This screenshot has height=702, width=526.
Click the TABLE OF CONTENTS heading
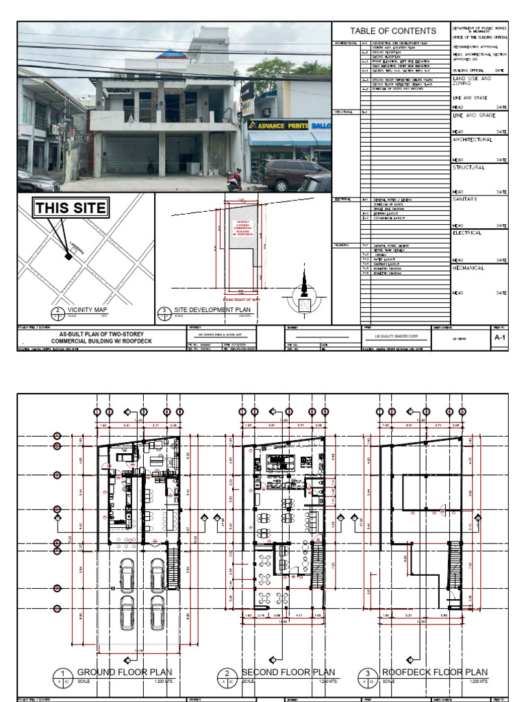(x=392, y=31)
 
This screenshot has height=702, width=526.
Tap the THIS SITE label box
(x=71, y=208)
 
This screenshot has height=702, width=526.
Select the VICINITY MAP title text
(x=88, y=311)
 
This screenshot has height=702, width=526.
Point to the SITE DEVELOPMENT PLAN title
(x=212, y=311)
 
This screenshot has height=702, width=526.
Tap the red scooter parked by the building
(x=234, y=181)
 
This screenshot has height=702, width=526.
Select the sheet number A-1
(x=500, y=338)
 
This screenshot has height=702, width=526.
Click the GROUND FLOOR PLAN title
(x=125, y=673)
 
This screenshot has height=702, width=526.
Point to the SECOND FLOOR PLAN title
(x=288, y=673)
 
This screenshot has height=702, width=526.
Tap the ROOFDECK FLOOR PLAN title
(x=434, y=673)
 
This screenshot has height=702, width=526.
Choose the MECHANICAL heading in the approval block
(x=468, y=268)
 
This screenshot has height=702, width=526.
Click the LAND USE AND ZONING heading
(x=472, y=82)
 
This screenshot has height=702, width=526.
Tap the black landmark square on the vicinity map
(x=68, y=256)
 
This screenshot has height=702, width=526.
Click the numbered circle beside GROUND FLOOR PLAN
(x=62, y=675)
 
